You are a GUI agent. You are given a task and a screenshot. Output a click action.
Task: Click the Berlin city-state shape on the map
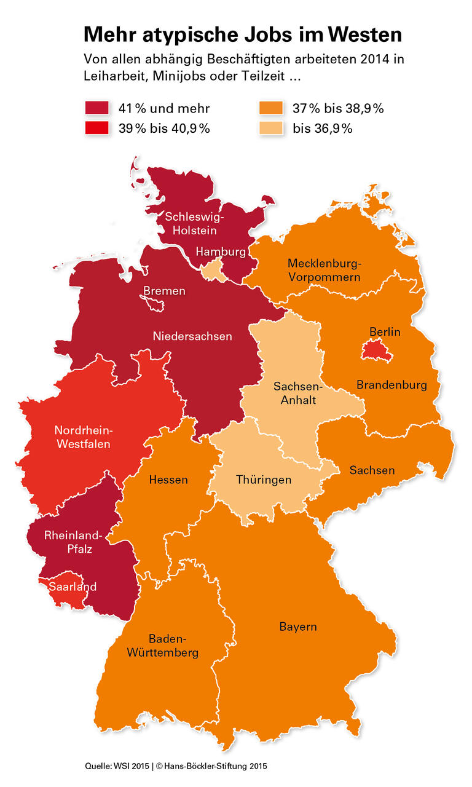point(373,350)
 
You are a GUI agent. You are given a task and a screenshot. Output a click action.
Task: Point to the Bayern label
point(298,627)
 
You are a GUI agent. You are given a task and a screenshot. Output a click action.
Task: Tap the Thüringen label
point(264,480)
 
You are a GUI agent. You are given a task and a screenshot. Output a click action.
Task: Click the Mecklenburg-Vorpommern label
point(324,271)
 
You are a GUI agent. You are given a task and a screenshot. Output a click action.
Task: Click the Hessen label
point(168,480)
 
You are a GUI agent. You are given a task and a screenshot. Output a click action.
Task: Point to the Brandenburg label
point(391,386)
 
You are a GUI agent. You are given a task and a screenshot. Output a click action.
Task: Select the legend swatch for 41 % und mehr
point(96,109)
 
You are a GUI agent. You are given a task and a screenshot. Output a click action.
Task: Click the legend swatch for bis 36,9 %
point(271,129)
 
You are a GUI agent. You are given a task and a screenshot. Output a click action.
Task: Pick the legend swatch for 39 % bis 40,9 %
point(96,129)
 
